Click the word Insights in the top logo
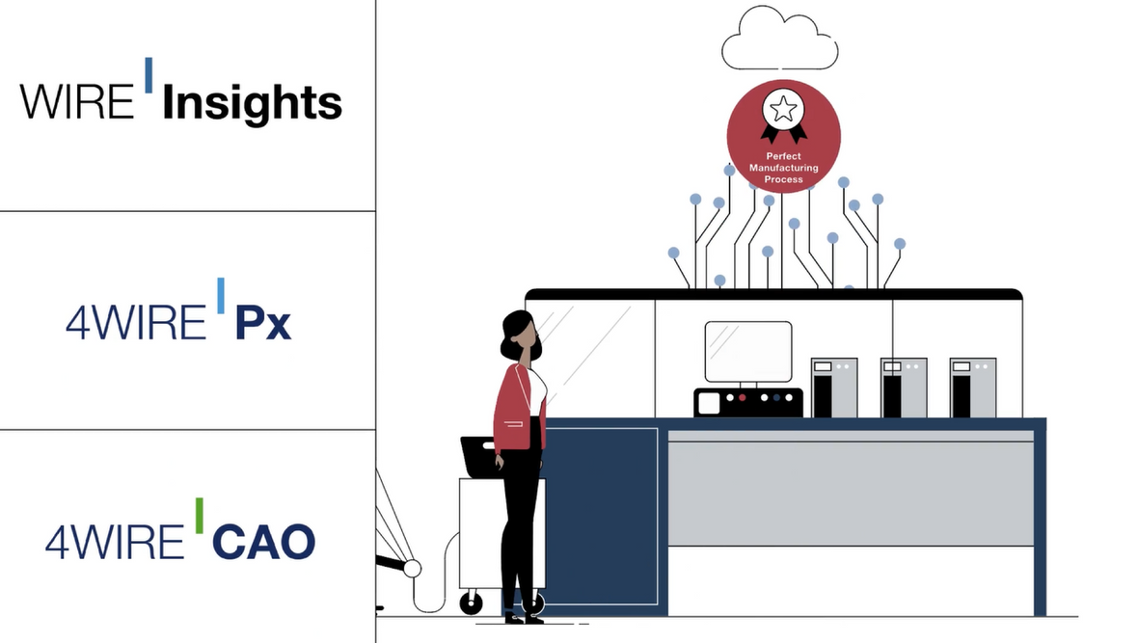point(252,104)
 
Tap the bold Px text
point(262,323)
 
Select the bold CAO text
point(263,542)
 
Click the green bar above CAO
point(199,516)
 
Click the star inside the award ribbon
point(783,110)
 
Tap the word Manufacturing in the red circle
point(784,168)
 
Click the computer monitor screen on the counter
point(748,352)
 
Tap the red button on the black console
point(742,398)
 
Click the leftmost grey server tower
point(834,388)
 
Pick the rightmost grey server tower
point(973,388)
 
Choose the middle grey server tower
point(904,388)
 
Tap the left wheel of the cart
point(472,603)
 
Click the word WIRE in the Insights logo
point(77,101)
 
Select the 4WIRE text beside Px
point(136,323)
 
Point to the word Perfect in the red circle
point(784,156)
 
